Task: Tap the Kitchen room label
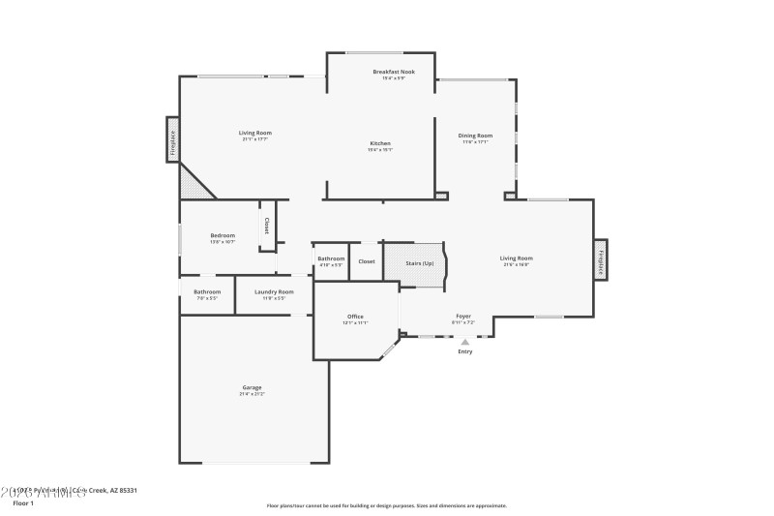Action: [380, 143]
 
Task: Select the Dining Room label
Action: [475, 136]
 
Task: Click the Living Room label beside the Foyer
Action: [516, 258]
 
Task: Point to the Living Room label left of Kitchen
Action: [255, 133]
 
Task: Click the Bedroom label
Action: [223, 235]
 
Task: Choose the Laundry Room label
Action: [274, 292]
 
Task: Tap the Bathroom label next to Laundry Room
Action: [207, 292]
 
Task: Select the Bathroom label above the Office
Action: [331, 258]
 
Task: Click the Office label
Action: [355, 317]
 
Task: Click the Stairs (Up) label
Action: [420, 262]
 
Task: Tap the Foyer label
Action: [463, 316]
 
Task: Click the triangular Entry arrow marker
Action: [465, 341]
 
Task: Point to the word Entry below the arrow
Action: [465, 351]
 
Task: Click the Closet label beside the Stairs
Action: [367, 261]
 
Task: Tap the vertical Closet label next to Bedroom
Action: [267, 226]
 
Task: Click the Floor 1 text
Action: [23, 503]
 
